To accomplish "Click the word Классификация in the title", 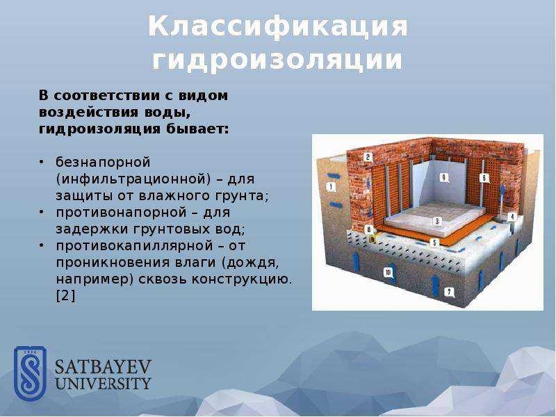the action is click(x=278, y=26).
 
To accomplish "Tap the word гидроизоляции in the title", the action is click(x=277, y=60).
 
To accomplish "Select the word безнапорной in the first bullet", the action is click(x=103, y=163).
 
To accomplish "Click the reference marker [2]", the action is click(x=66, y=296).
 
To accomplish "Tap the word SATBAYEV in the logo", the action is click(x=103, y=367).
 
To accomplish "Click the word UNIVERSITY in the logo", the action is click(x=103, y=384).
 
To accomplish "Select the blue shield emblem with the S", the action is click(x=30, y=374).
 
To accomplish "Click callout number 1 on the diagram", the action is click(x=332, y=186).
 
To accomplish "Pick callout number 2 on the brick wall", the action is click(x=368, y=157).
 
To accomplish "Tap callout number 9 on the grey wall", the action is click(x=443, y=177).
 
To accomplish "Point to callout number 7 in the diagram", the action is click(x=449, y=292).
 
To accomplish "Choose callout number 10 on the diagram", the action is click(x=388, y=272).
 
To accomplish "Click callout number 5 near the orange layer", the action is click(x=434, y=243).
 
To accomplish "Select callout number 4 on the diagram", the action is click(x=512, y=217).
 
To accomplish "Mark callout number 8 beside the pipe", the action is click(x=369, y=229).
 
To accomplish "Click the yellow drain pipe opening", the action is click(x=373, y=240).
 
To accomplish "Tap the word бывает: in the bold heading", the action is click(x=197, y=129).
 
